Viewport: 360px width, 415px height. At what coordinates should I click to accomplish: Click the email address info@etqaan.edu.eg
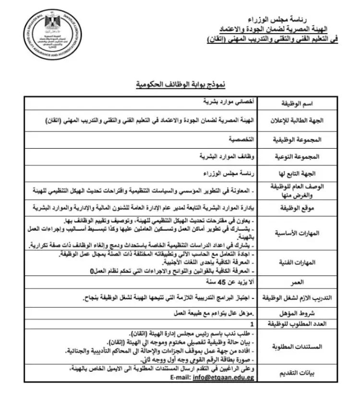(x=220, y=378)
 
